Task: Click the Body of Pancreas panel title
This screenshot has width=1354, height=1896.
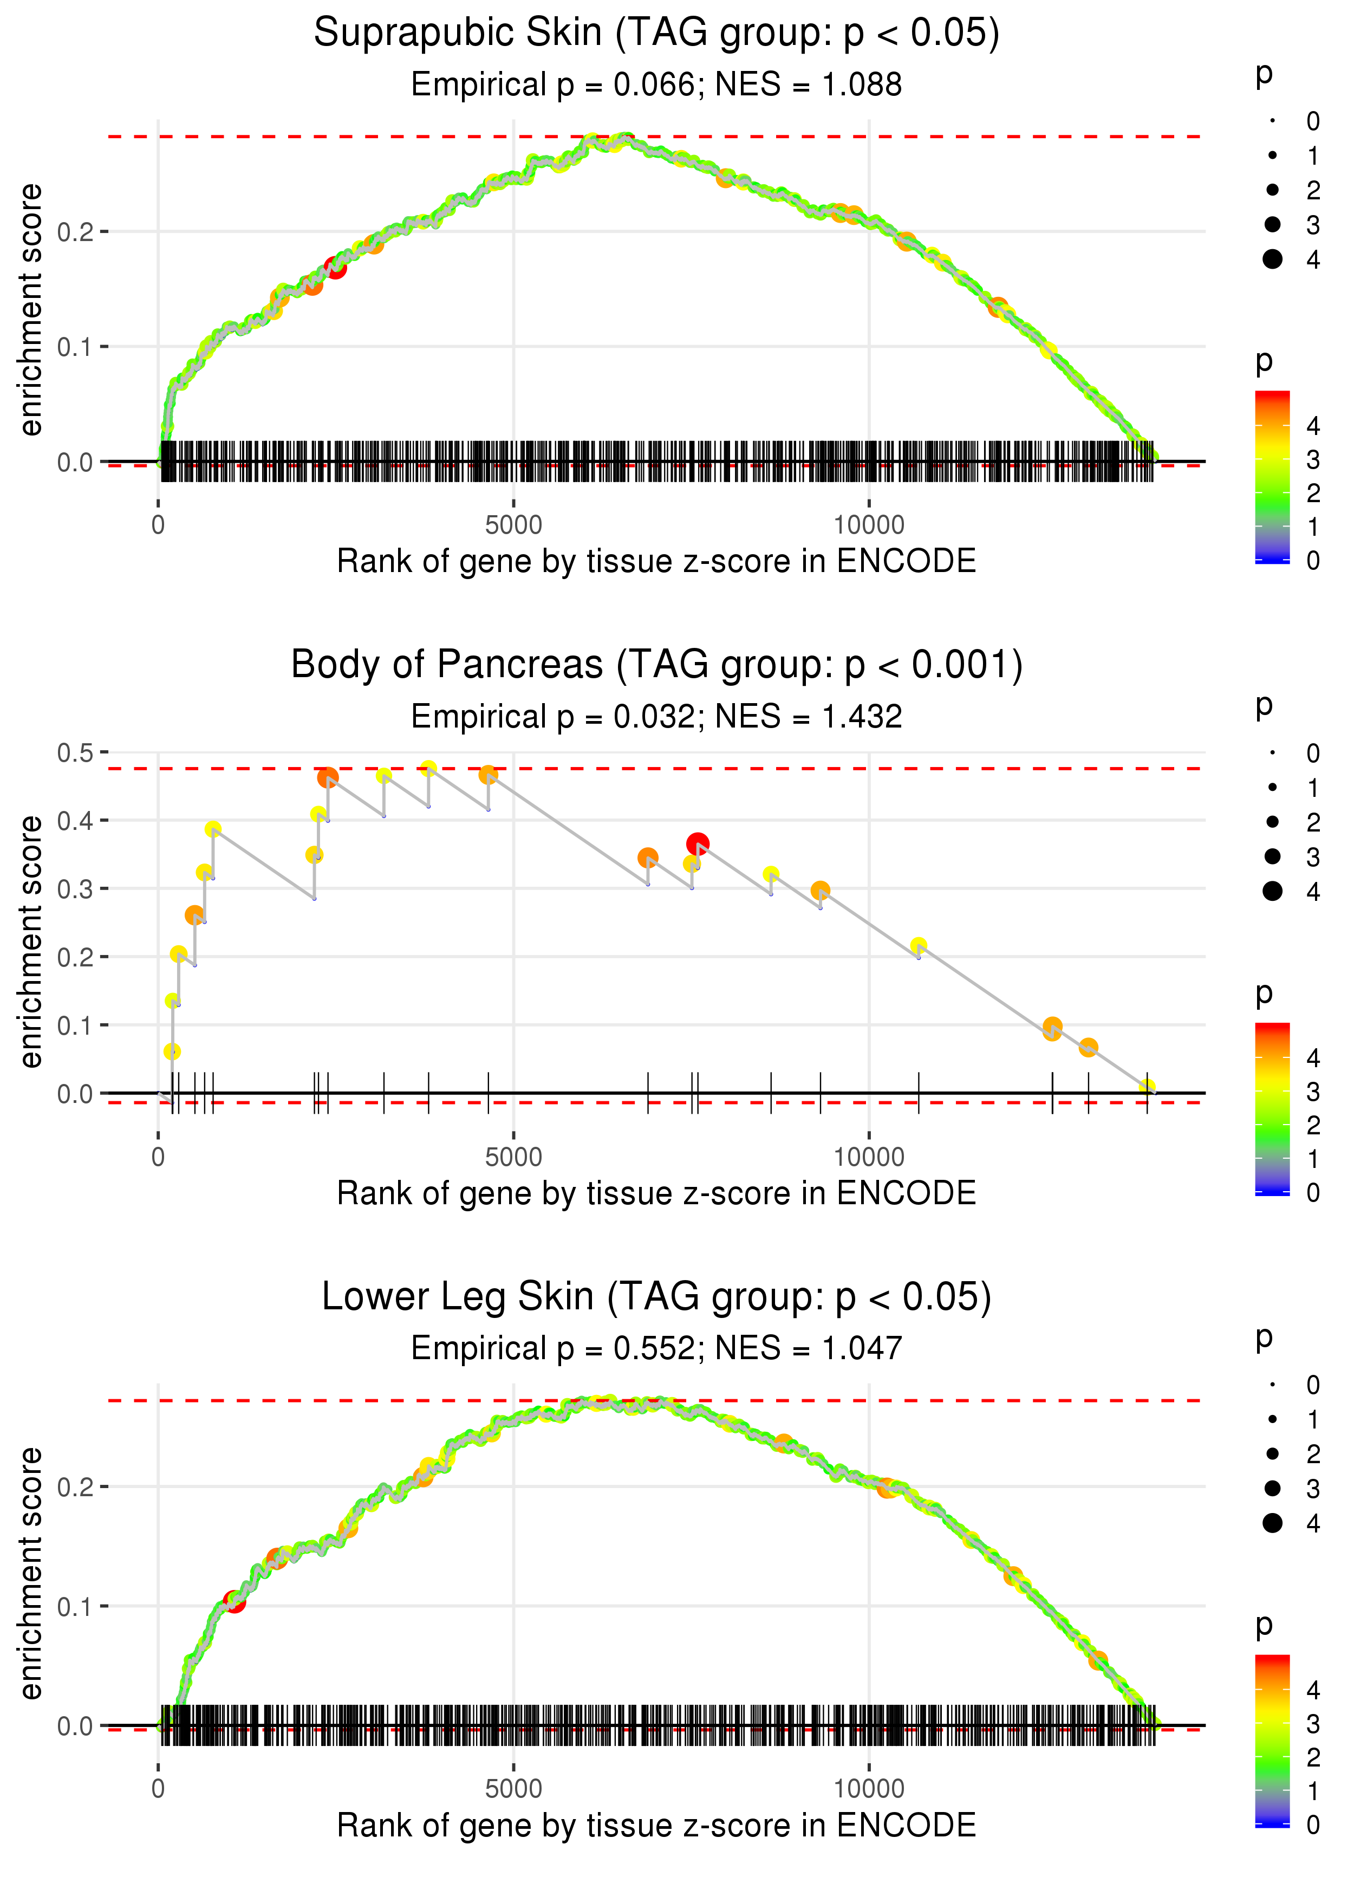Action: tap(656, 665)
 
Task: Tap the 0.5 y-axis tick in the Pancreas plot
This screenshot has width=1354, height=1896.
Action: tap(75, 753)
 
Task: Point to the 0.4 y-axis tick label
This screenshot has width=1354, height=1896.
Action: tap(75, 821)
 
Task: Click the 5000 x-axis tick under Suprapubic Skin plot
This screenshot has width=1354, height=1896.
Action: tap(513, 525)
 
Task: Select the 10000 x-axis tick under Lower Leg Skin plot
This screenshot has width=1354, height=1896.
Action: tap(869, 1789)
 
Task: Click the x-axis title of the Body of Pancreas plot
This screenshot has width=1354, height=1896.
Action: tap(656, 1194)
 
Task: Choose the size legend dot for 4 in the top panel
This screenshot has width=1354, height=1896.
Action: tap(1272, 259)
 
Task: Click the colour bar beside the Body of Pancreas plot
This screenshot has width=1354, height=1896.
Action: tap(1272, 1109)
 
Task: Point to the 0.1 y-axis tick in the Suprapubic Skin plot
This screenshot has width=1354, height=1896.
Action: tap(75, 347)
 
